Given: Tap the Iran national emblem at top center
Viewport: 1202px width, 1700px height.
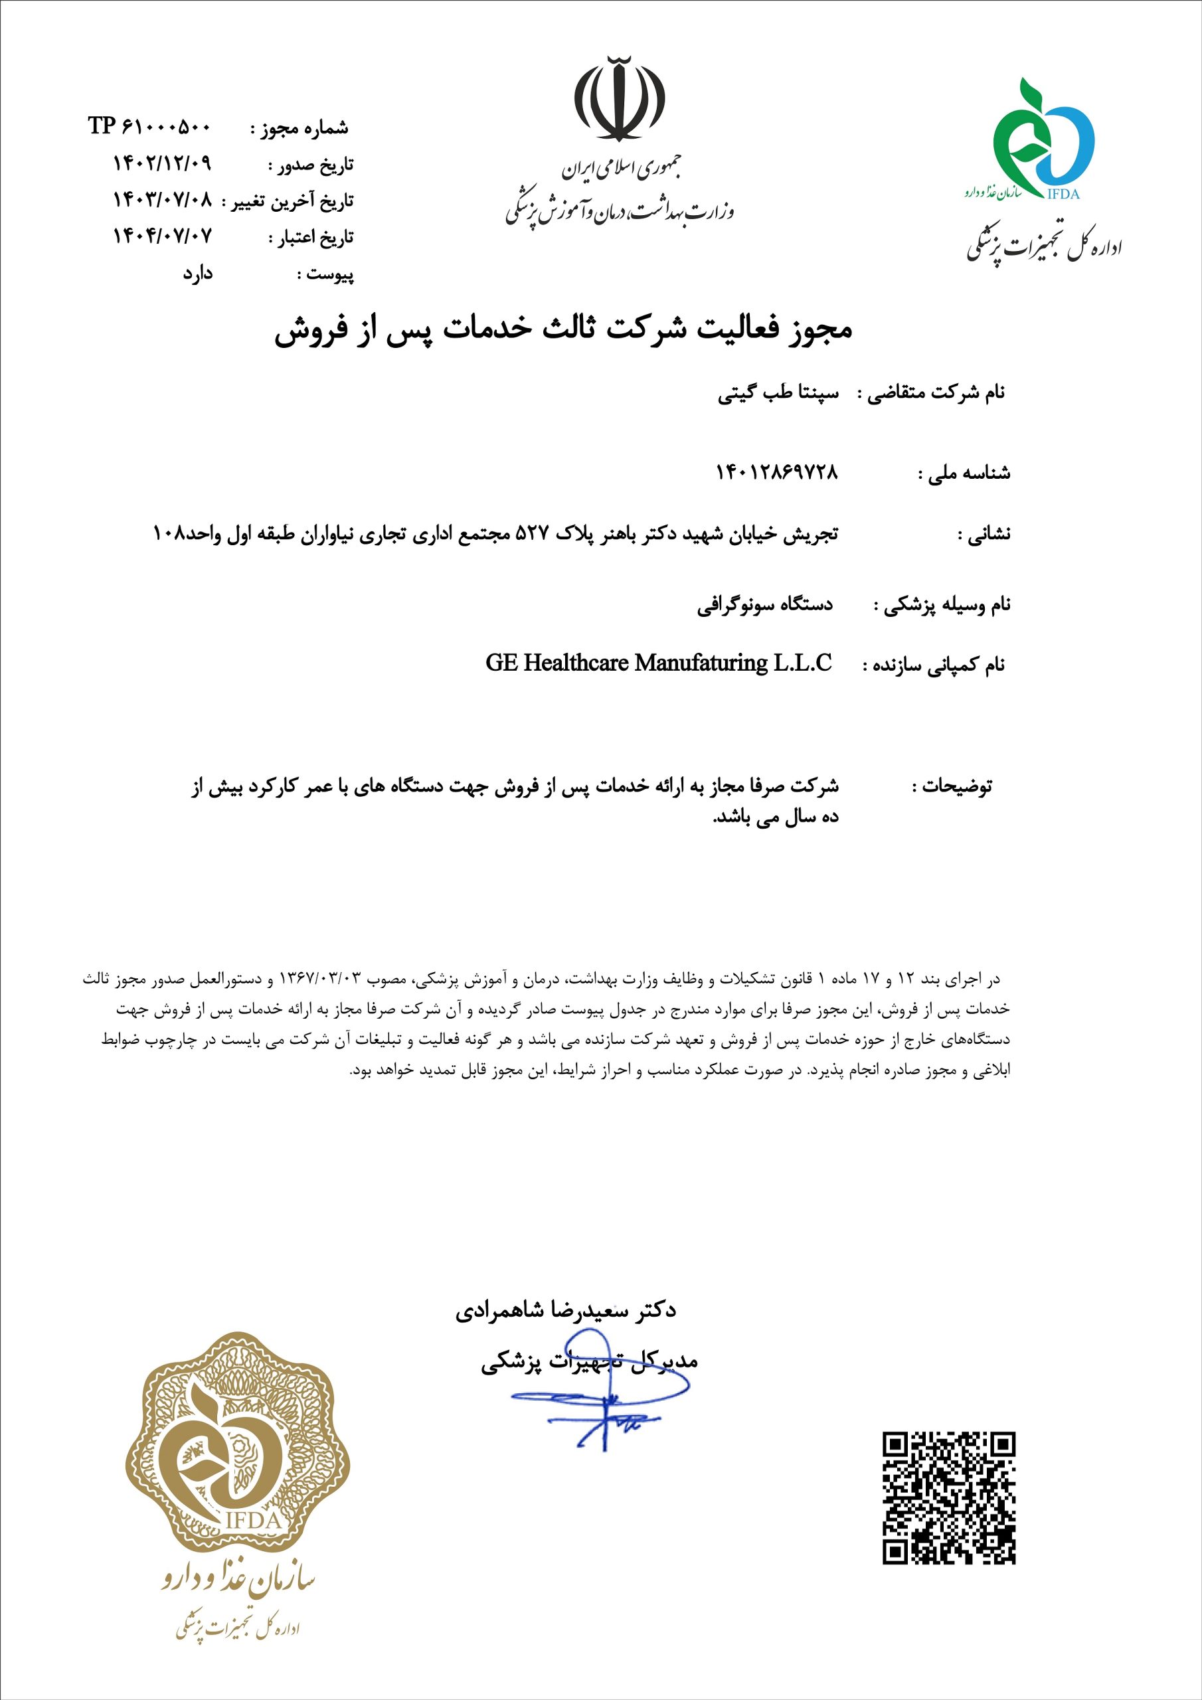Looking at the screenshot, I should [x=619, y=98].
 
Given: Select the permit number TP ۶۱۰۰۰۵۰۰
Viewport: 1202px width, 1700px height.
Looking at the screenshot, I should [x=150, y=127].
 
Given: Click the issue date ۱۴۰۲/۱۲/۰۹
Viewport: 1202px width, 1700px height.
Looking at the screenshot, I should [x=162, y=163].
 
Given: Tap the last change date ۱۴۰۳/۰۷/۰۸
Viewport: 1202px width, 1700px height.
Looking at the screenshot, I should [x=162, y=199].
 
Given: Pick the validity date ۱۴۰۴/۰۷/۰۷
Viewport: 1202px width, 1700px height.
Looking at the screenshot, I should [x=162, y=236].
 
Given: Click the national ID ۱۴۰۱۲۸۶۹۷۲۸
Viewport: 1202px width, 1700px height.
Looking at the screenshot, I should [x=777, y=471].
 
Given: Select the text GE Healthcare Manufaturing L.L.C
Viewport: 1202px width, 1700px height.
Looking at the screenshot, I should [x=658, y=663].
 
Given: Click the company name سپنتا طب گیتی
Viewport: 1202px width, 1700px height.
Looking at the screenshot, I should [x=778, y=393].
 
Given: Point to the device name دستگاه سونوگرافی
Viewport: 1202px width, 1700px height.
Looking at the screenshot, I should [x=765, y=605].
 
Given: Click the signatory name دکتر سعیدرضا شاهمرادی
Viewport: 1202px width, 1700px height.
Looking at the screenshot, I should [x=566, y=1311].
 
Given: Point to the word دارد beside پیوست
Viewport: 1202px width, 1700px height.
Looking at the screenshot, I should [x=198, y=273].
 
